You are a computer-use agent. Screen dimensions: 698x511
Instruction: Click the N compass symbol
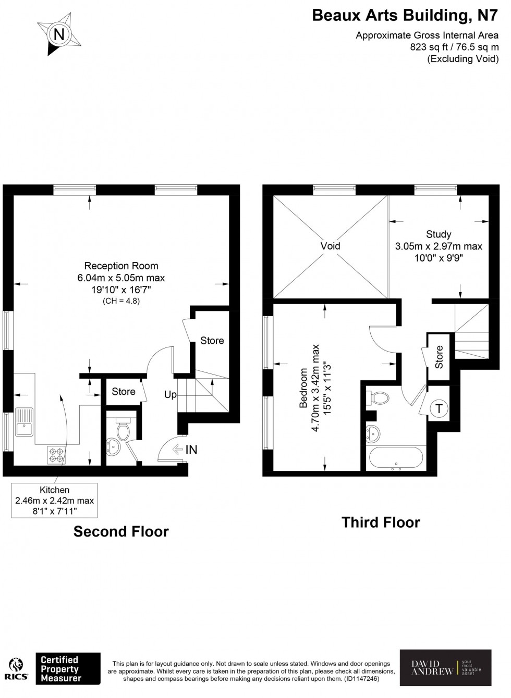59,35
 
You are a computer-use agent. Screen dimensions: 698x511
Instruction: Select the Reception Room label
121,266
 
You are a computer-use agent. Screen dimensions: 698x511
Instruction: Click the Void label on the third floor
330,246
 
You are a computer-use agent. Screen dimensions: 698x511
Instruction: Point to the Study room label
438,234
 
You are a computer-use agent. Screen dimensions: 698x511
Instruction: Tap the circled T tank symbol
439,409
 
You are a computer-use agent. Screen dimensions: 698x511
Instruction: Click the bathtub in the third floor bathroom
395,459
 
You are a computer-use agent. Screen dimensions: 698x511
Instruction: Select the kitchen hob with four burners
56,455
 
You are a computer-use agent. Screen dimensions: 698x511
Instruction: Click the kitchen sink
24,428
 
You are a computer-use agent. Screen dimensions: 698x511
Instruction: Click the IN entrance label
191,450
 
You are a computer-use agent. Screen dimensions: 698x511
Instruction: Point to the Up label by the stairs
171,395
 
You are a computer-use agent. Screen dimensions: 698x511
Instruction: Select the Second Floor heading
121,531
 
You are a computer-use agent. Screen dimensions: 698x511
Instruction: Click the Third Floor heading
381,522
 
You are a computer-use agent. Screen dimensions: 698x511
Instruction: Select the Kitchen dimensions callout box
54,500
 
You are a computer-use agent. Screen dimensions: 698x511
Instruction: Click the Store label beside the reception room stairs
212,341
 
